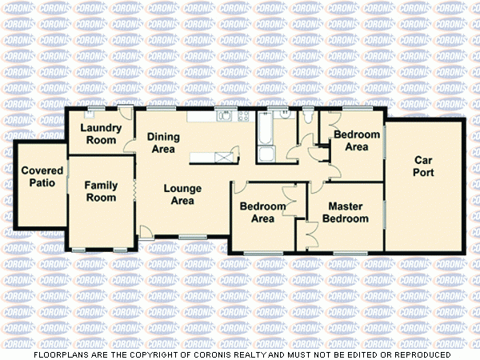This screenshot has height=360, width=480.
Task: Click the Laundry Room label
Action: click(102, 134)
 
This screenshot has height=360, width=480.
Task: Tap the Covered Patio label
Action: click(38, 176)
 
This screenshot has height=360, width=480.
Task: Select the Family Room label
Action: click(102, 191)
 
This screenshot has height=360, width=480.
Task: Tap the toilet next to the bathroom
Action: click(309, 119)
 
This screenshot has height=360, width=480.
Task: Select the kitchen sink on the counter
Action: click(224, 117)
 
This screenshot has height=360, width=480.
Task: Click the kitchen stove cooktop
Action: click(242, 117)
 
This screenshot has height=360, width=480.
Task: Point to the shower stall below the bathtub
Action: click(266, 154)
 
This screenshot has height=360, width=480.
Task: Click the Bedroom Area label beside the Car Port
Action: click(350, 140)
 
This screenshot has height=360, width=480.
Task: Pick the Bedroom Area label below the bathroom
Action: click(262, 212)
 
